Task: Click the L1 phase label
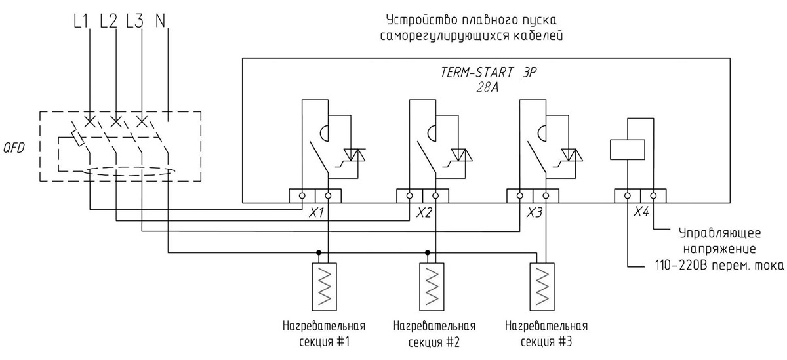[x=81, y=21]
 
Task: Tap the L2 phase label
[x=109, y=21]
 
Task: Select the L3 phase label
[x=135, y=21]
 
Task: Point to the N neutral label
[x=160, y=21]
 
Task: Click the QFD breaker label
[x=14, y=148]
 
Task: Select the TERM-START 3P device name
[x=489, y=72]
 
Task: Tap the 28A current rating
[x=487, y=87]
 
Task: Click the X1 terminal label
[x=316, y=212]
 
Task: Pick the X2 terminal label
[x=424, y=212]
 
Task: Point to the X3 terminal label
[x=534, y=212]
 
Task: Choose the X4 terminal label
[x=641, y=211]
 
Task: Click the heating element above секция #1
[x=324, y=287]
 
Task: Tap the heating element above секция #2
[x=432, y=287]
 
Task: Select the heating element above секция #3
[x=542, y=287]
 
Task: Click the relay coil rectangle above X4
[x=628, y=150]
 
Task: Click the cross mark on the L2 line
[x=116, y=122]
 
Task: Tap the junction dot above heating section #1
[x=318, y=252]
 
